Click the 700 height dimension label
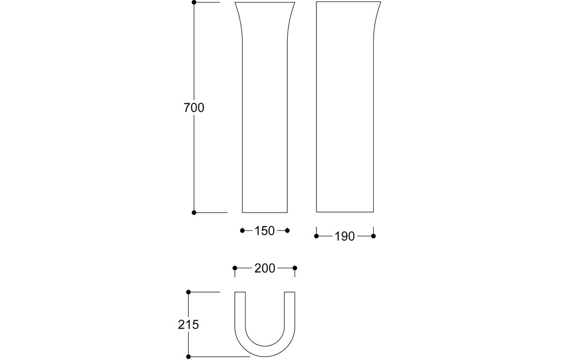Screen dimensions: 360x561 (x=194, y=108)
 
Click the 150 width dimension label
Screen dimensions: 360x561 (x=264, y=231)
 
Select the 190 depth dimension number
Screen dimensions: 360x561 (x=345, y=237)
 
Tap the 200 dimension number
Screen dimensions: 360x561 (x=264, y=268)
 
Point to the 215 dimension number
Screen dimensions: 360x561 (x=188, y=325)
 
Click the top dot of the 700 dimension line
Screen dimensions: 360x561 (x=194, y=2)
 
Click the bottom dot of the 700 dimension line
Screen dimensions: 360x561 (x=194, y=213)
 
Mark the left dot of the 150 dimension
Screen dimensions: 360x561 (x=242, y=230)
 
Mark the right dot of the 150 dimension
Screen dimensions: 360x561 (x=287, y=230)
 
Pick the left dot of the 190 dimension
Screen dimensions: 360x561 (x=316, y=236)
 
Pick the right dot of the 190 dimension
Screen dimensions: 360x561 (x=373, y=236)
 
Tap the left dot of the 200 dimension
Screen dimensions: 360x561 (x=235, y=268)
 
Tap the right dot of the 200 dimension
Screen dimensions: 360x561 (x=295, y=268)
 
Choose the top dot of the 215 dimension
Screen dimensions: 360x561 (x=188, y=292)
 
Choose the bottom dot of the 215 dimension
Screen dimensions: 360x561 (x=188, y=357)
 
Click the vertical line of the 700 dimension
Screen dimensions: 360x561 (x=194, y=58)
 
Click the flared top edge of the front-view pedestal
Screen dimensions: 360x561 (x=265, y=2)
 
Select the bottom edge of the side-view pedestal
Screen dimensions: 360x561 (x=345, y=212)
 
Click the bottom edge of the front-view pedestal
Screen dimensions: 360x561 (x=264, y=213)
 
